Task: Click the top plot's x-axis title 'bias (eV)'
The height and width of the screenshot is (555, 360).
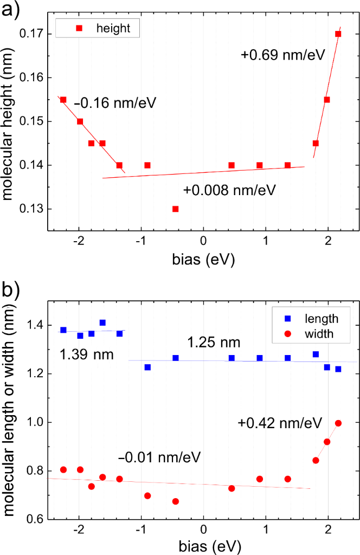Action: [203, 260]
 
